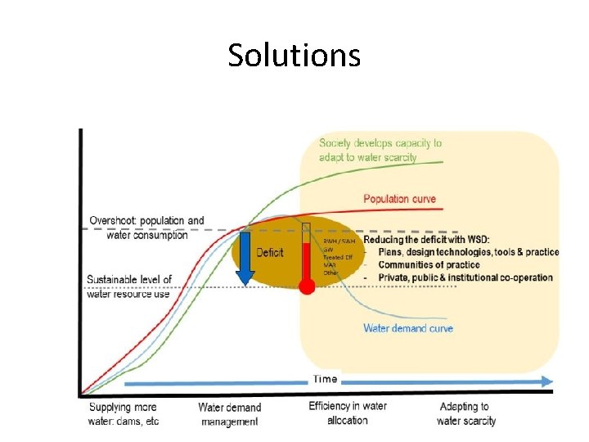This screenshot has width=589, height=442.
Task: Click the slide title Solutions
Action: point(294,56)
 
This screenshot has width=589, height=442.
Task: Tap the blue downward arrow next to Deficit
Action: point(245,259)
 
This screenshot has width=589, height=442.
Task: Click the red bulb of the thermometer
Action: point(307,287)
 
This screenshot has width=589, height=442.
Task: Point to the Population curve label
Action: point(399,199)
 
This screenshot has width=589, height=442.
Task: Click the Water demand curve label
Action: point(407,328)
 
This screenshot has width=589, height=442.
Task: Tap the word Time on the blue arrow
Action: point(326,379)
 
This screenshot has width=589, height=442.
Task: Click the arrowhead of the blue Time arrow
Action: point(546,381)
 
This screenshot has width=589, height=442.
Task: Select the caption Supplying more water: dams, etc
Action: point(124,413)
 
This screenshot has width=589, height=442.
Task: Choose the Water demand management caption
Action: point(230,414)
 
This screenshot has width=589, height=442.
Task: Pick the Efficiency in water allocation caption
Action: point(348,413)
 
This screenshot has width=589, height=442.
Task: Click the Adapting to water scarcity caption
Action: point(465,413)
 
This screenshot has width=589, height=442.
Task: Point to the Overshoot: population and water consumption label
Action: point(146,228)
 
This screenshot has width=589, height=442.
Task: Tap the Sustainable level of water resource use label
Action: point(129,286)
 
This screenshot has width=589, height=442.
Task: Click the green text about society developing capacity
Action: point(380,150)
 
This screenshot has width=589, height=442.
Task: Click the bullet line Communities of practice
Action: point(434,264)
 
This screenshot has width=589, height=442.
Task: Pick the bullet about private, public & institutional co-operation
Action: point(465,277)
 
